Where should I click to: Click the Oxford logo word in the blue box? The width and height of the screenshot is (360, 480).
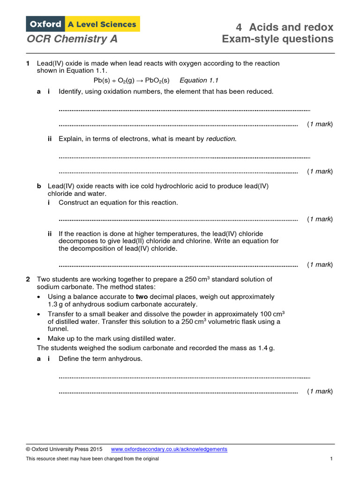[x=45, y=24]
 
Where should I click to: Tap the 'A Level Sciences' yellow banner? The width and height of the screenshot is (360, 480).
[x=102, y=24]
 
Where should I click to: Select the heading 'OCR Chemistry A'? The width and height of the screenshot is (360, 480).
[x=72, y=39]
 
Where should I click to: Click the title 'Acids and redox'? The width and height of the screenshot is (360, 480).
[x=291, y=27]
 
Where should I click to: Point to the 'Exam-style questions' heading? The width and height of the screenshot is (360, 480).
[x=277, y=39]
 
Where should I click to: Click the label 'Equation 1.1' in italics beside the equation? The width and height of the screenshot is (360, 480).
[x=199, y=80]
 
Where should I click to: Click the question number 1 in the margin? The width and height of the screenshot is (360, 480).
[x=28, y=63]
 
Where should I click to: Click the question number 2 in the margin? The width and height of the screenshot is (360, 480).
[x=28, y=279]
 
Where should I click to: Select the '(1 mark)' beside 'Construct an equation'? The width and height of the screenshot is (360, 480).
[x=320, y=219]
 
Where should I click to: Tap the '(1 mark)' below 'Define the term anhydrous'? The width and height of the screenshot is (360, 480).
[x=320, y=391]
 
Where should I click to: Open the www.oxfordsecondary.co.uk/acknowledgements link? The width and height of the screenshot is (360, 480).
[x=169, y=449]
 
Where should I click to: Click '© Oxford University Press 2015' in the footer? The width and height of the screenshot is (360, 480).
[x=64, y=449]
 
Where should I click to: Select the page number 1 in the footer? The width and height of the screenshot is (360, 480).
[x=331, y=458]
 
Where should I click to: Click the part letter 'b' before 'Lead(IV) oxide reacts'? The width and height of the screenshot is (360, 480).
[x=39, y=186]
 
